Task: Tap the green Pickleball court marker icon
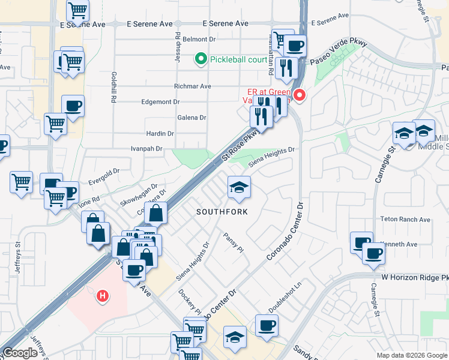(200, 59)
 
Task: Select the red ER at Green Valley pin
(300, 94)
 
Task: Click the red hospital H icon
(103, 296)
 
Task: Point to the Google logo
(20, 353)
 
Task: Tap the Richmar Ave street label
(193, 86)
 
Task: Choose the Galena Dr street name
(191, 118)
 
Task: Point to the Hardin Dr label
(160, 134)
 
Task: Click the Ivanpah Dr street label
(146, 148)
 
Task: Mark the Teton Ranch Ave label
(405, 220)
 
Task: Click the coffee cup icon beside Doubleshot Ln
(267, 326)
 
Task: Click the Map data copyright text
(411, 355)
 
